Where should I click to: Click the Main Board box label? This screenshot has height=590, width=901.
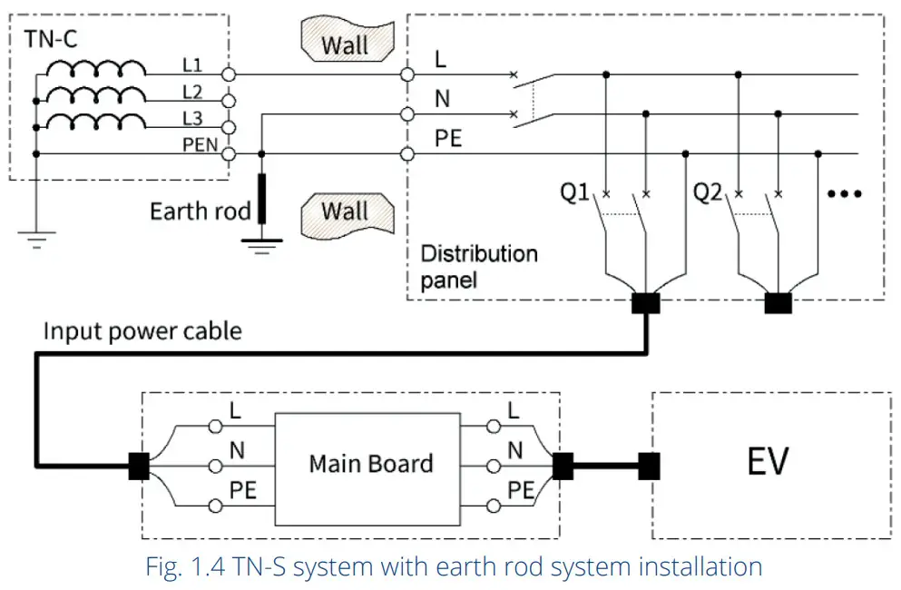(370, 464)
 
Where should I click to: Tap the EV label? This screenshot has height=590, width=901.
(767, 461)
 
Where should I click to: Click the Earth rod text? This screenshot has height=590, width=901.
(200, 211)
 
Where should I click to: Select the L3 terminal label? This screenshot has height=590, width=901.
(191, 118)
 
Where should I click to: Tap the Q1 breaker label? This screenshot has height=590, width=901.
(573, 192)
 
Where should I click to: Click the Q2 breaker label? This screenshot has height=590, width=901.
(708, 192)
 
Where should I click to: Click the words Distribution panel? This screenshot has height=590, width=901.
(478, 266)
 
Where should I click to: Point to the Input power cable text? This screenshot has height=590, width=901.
(142, 330)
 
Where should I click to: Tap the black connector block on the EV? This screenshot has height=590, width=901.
(648, 466)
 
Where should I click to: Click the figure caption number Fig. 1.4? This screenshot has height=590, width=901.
(185, 568)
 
